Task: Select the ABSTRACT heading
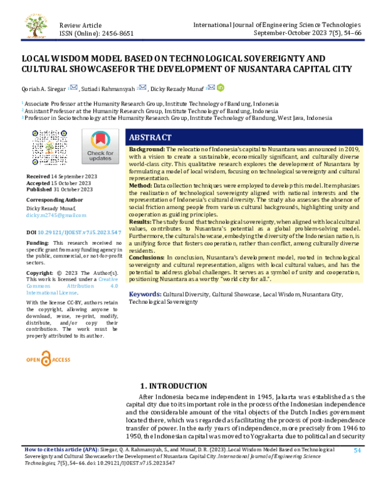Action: click(150, 137)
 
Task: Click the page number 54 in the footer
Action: click(358, 450)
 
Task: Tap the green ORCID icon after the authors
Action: click(220, 87)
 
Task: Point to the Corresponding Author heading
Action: click(55, 201)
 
